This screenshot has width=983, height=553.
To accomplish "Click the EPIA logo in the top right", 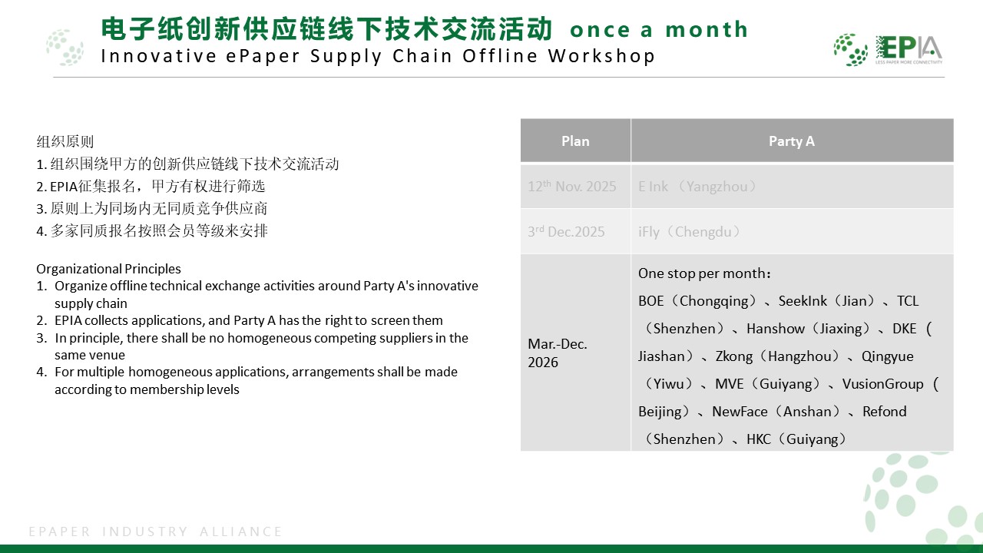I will [888, 49].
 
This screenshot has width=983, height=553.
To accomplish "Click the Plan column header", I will [575, 141].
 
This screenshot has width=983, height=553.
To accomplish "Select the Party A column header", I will [791, 141].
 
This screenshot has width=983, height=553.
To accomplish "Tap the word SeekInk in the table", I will [803, 301].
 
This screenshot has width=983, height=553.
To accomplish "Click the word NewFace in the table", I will [740, 412].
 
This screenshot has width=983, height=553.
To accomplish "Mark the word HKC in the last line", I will [759, 439].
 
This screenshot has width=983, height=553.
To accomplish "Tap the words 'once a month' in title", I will [659, 30].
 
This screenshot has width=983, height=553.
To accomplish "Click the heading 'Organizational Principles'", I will [108, 269].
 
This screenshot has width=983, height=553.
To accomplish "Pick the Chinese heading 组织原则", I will [65, 141].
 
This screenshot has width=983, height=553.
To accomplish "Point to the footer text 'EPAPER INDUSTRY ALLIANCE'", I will [156, 531].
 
